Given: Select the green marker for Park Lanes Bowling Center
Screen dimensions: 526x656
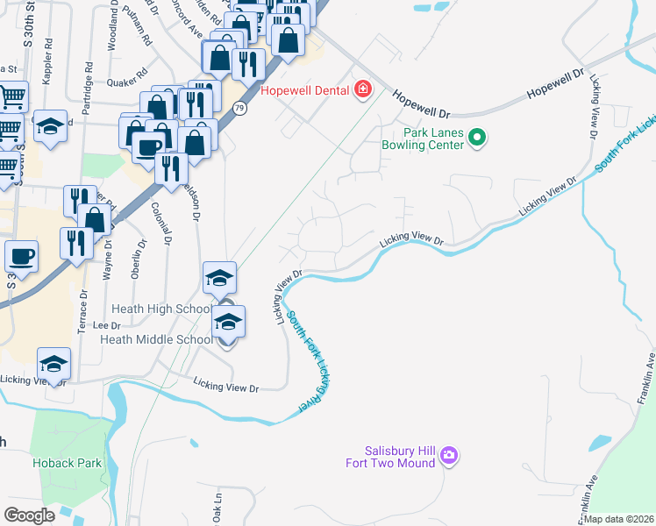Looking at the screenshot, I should tap(478, 137).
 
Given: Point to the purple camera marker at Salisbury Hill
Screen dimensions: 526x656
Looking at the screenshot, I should tap(449, 455).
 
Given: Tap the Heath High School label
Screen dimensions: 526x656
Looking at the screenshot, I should tap(161, 309).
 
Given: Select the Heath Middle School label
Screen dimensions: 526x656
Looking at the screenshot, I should tap(155, 339).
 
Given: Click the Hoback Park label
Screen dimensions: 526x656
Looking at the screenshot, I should tap(67, 463).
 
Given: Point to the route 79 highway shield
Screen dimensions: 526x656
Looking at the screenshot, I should tap(239, 107).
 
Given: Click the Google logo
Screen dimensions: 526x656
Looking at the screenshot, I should tap(30, 515).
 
